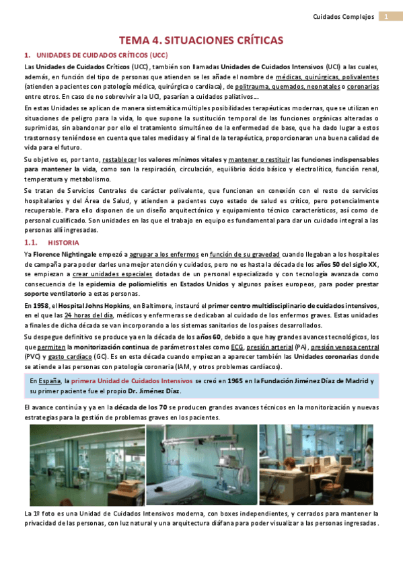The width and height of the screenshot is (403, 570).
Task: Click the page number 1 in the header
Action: [x=387, y=17]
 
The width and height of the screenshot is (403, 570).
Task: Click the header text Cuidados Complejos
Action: [x=344, y=17]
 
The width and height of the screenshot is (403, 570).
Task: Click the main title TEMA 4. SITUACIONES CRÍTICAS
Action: [x=201, y=40]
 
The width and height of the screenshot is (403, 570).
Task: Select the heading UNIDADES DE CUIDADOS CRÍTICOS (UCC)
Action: [x=102, y=56]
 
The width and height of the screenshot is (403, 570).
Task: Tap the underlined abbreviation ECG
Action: [x=237, y=348]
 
